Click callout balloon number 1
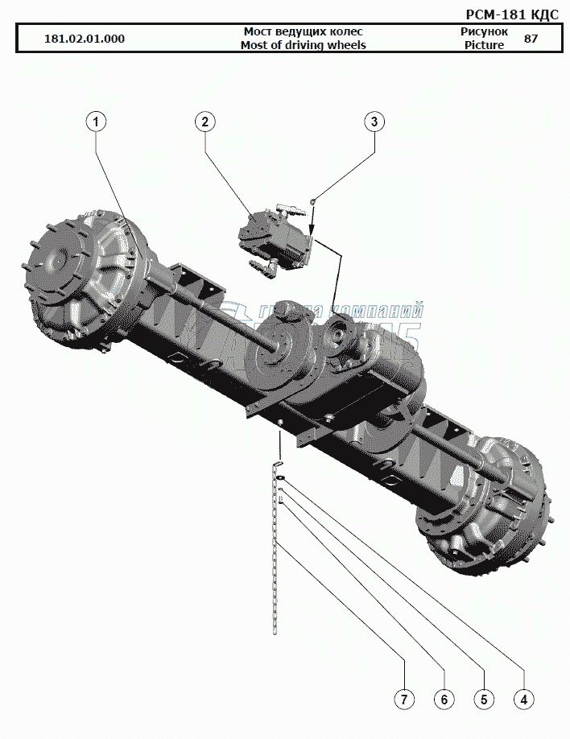coord(96,122)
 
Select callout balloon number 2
coord(205,122)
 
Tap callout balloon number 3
coord(374,122)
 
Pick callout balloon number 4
coord(523,699)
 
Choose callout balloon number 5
coord(483,699)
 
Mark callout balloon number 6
coord(444,699)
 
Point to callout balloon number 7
coord(404,699)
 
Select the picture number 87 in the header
coord(531,39)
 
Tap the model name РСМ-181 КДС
coord(512,14)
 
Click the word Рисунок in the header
coord(484,31)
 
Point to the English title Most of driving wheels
coord(303,45)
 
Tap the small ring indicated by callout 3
coord(313,202)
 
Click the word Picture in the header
coord(484,45)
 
